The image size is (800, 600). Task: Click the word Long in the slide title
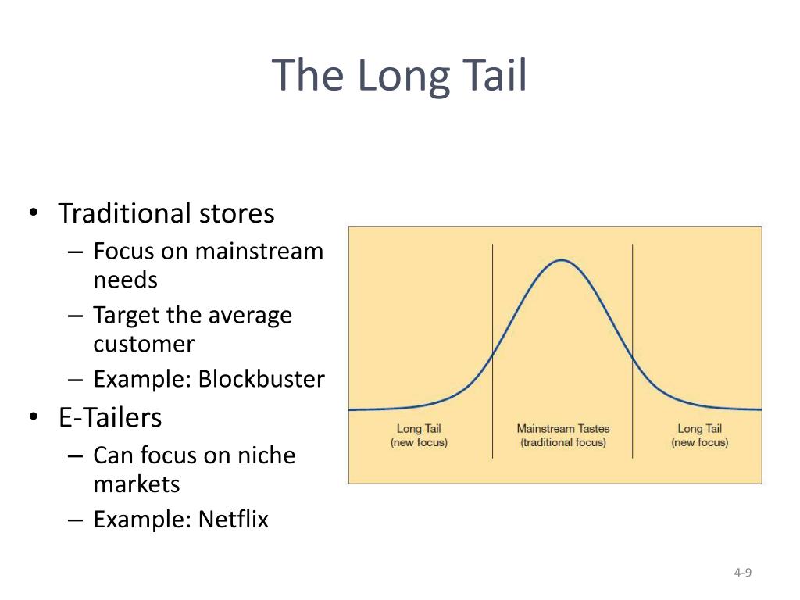coord(404,77)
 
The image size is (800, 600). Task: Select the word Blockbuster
coord(261,379)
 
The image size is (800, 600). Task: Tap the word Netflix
coord(233,519)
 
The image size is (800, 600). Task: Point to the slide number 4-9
coord(743,573)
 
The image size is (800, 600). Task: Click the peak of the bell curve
coord(561,260)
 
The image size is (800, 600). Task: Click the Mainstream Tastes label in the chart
coord(563,429)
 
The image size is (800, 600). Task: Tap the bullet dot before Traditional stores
coord(34,212)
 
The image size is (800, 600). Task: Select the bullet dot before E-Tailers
coord(34,416)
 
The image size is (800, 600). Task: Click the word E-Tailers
coord(110,417)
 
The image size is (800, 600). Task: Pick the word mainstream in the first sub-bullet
coord(259,252)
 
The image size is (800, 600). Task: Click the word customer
coord(144,344)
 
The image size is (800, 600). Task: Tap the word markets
coord(137,484)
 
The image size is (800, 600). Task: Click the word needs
coord(126,280)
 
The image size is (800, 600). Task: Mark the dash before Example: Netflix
coord(75,520)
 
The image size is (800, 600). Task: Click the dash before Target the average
coord(75,316)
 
